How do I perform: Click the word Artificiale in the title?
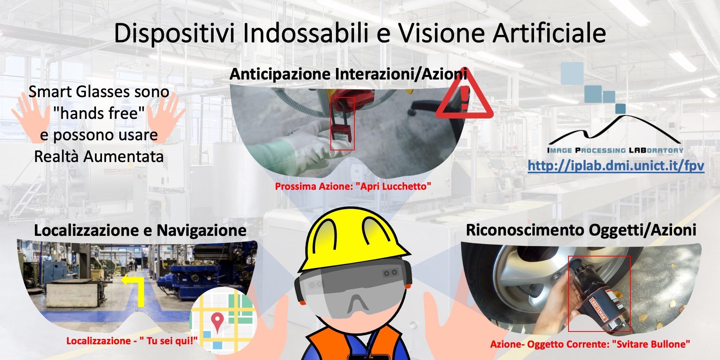point(549,33)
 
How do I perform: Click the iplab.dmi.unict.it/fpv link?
point(616,165)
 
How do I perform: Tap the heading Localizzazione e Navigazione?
point(140,230)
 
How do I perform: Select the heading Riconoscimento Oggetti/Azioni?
point(581,230)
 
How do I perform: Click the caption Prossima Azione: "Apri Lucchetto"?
point(353,186)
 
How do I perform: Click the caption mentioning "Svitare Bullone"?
point(590,344)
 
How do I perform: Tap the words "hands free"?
point(99,113)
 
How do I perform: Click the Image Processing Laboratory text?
point(615,150)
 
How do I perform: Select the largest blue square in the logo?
point(572,73)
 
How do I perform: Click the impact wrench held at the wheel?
point(596,296)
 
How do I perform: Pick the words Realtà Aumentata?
point(99,156)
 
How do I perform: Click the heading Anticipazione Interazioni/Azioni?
point(348,74)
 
